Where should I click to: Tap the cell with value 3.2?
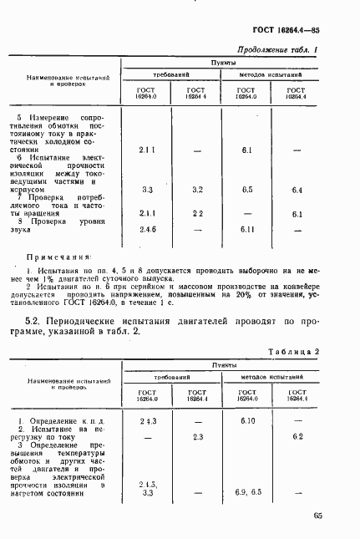click(x=197, y=190)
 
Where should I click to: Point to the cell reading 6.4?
click(x=297, y=190)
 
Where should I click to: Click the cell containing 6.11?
click(x=246, y=230)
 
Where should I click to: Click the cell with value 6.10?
click(x=246, y=420)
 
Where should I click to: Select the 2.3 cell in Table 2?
click(x=197, y=437)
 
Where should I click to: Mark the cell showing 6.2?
click(x=297, y=437)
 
